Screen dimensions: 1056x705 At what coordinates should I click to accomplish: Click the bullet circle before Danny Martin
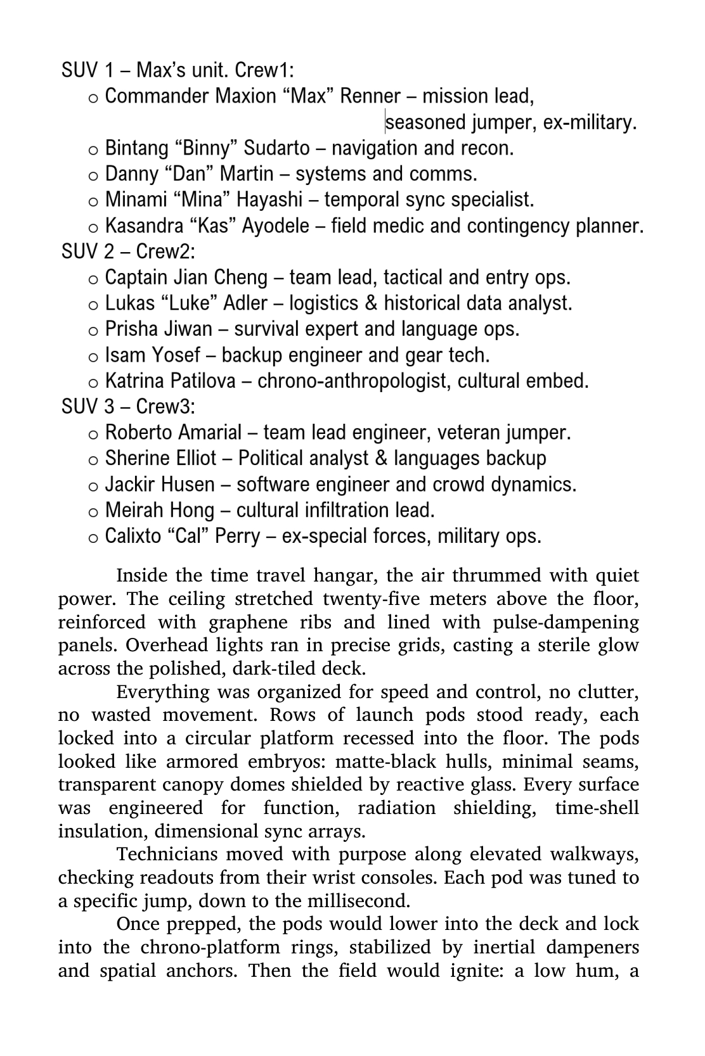(x=93, y=175)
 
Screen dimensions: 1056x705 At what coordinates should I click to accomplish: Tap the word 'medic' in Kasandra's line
(x=399, y=226)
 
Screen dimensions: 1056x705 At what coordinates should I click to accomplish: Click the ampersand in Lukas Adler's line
(x=371, y=303)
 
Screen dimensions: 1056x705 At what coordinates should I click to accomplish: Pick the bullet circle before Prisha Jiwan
(x=93, y=331)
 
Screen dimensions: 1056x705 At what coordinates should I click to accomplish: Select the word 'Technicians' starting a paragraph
(x=166, y=855)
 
